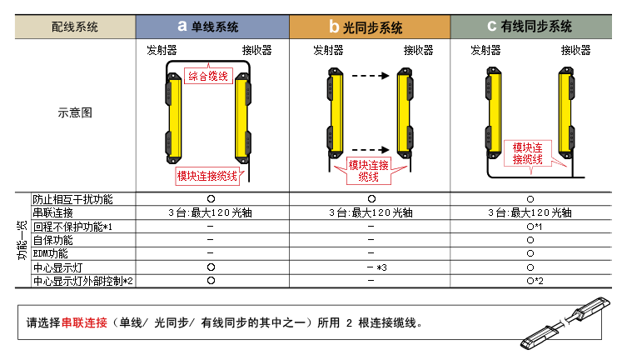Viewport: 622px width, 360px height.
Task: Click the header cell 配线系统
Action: point(75,26)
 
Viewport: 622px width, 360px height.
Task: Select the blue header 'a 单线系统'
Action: point(211,26)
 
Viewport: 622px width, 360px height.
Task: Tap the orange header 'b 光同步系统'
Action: point(371,26)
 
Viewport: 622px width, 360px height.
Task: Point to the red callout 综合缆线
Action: point(208,76)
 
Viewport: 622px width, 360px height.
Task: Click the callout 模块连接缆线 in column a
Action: point(207,176)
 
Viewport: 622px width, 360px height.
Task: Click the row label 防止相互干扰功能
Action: point(72,200)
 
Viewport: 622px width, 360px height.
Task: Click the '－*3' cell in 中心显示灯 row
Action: point(372,267)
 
